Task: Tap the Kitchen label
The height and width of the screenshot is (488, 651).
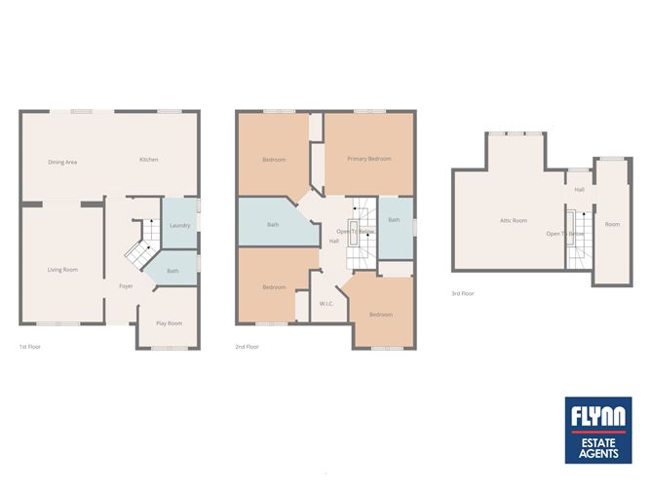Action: pyautogui.click(x=148, y=160)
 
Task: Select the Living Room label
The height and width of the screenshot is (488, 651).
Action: pyautogui.click(x=62, y=269)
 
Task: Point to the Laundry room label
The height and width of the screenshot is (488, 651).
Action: pyautogui.click(x=179, y=226)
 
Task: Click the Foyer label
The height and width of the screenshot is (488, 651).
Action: pyautogui.click(x=126, y=286)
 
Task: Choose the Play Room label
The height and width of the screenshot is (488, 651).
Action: pyautogui.click(x=169, y=323)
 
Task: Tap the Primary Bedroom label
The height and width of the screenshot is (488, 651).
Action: pyautogui.click(x=369, y=158)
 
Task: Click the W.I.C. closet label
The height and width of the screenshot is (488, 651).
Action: pyautogui.click(x=326, y=304)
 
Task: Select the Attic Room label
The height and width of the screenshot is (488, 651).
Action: pyautogui.click(x=514, y=221)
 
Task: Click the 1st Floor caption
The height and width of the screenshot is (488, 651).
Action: pyautogui.click(x=30, y=347)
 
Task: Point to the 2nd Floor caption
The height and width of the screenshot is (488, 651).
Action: pyautogui.click(x=247, y=347)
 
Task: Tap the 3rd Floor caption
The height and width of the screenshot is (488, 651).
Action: pyautogui.click(x=462, y=293)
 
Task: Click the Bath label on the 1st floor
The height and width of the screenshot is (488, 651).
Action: pyautogui.click(x=172, y=271)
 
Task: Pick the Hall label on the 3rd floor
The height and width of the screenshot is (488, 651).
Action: pyautogui.click(x=580, y=190)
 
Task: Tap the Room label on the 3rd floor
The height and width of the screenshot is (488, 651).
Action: pyautogui.click(x=612, y=225)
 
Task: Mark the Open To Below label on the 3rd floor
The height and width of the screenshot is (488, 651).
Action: pyautogui.click(x=565, y=235)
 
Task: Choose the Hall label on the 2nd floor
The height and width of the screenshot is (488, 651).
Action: pyautogui.click(x=334, y=241)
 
